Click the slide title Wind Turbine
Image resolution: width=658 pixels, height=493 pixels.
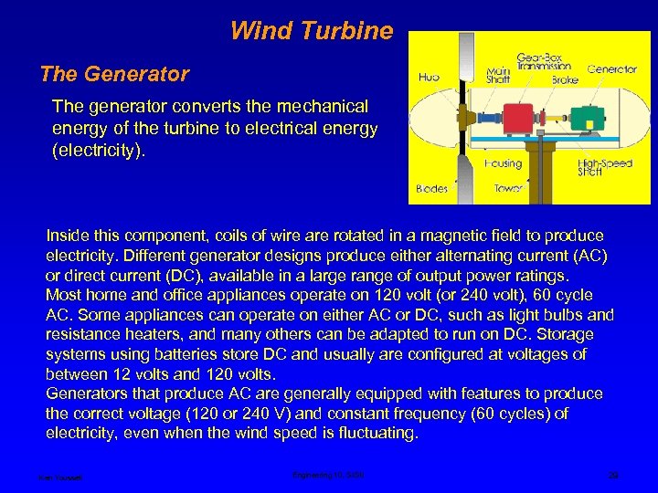coord(311,32)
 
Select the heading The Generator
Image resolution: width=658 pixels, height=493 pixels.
coord(114,75)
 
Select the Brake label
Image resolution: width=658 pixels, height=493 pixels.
coord(564,79)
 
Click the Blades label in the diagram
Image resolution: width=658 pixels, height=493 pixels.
coord(431,189)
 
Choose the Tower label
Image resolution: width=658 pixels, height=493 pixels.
coord(508,189)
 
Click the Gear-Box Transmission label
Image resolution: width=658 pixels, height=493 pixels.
coord(543,60)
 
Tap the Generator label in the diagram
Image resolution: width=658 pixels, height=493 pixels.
coord(612,68)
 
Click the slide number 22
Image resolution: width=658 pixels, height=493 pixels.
coord(613,476)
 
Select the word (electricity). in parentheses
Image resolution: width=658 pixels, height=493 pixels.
coord(99,149)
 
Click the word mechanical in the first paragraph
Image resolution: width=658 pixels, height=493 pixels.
coord(317,108)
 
